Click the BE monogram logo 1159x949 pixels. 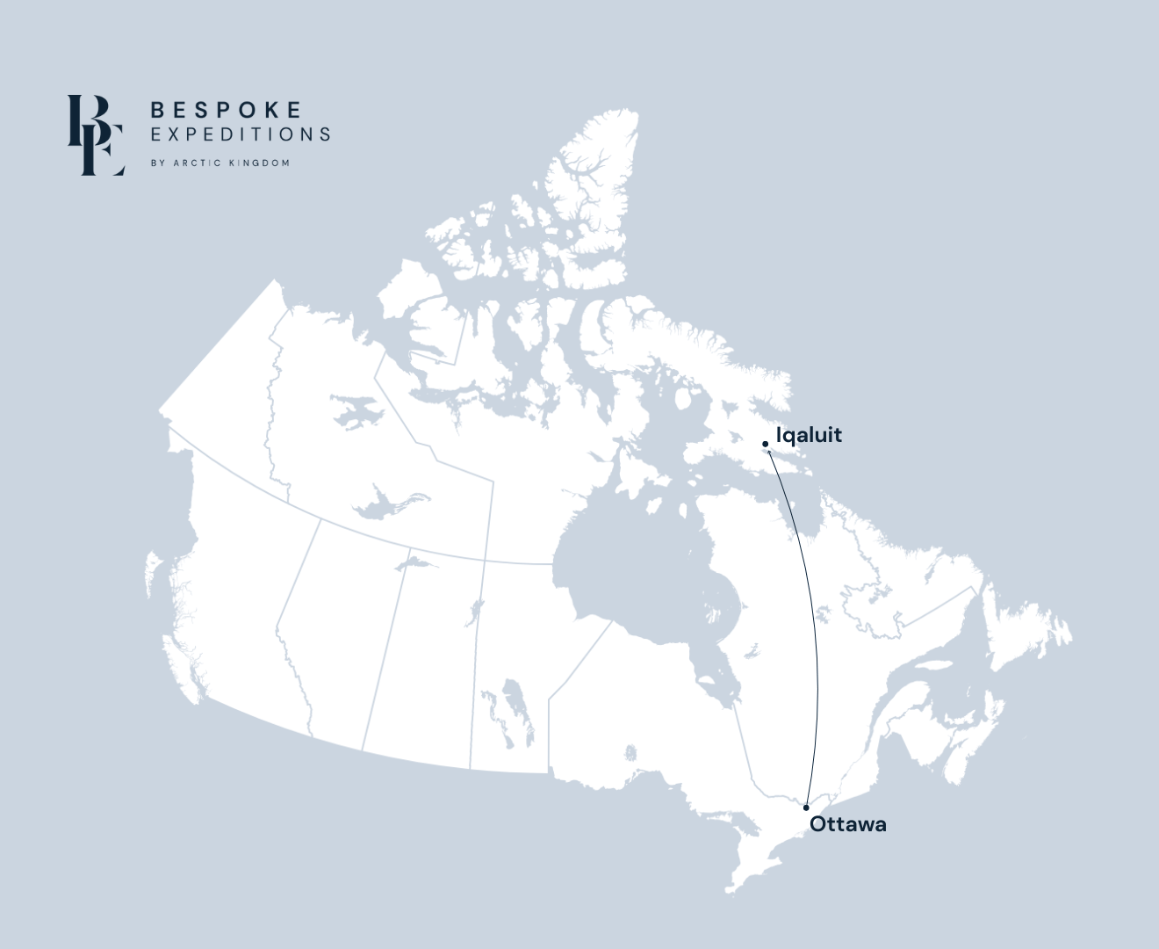[x=96, y=135]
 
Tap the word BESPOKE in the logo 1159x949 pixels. [x=227, y=110]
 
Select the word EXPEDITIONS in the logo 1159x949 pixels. [x=240, y=134]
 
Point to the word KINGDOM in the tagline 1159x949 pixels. [x=259, y=163]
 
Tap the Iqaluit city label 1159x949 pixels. [x=809, y=435]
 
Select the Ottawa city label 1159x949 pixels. [x=847, y=824]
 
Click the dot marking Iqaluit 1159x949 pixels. [x=766, y=444]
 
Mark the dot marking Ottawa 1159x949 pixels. [x=806, y=808]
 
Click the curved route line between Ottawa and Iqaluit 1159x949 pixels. [x=812, y=615]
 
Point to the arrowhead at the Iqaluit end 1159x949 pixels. [x=769, y=452]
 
